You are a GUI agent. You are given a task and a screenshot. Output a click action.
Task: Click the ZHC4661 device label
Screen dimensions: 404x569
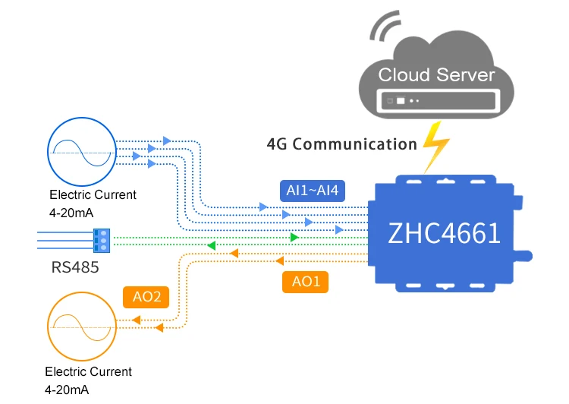(444, 232)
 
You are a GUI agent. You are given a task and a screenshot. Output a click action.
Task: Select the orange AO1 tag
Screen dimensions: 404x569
(306, 282)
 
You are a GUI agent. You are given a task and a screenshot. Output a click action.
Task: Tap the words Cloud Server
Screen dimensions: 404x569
(436, 74)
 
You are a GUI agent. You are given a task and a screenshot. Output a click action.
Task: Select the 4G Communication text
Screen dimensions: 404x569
(342, 144)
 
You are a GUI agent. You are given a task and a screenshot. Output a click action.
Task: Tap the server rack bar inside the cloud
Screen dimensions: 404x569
(436, 100)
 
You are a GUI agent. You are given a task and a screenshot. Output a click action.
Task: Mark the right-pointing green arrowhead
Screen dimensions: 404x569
(294, 238)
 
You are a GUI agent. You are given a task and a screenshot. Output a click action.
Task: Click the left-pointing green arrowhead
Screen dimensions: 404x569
(212, 245)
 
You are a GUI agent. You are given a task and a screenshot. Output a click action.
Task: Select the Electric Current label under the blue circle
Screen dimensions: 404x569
(93, 194)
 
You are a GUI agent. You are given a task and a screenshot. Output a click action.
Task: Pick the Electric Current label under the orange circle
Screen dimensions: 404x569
(88, 372)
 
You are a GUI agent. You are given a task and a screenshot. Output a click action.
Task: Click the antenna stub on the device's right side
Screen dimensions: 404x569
(523, 253)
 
